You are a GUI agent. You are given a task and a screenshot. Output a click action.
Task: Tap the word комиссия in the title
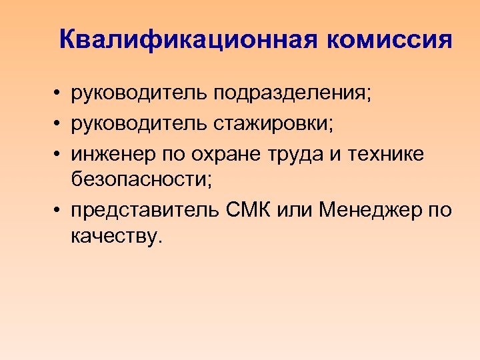click(x=389, y=40)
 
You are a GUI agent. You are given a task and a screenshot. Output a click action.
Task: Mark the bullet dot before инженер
click(x=59, y=153)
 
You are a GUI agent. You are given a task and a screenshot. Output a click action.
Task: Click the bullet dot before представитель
click(x=59, y=211)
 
